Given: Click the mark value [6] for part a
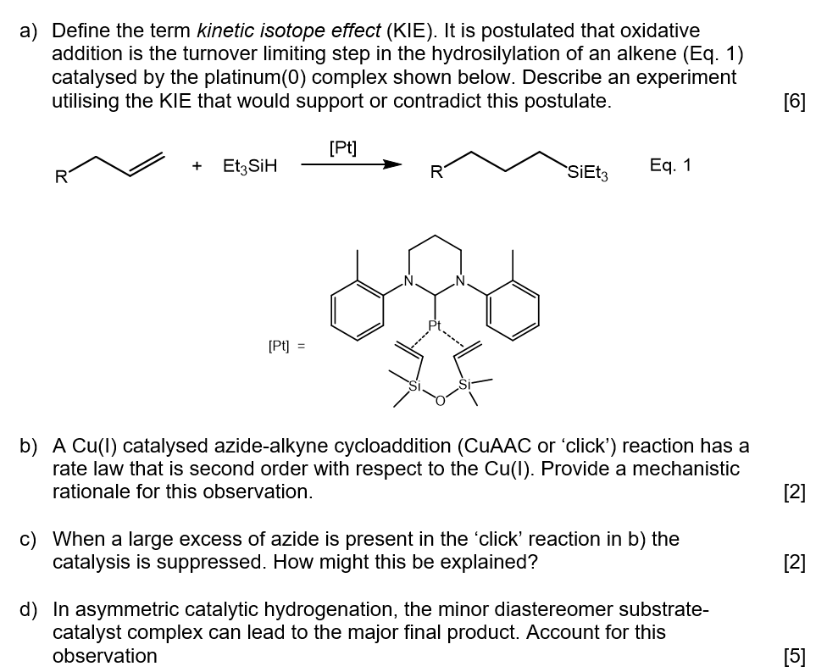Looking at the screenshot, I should pos(796,101).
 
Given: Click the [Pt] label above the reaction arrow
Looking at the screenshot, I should pos(342,147).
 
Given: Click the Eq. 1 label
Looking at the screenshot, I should pos(670,165).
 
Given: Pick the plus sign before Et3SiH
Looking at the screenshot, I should pos(197,167).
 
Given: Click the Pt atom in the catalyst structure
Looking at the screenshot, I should pos(436,325).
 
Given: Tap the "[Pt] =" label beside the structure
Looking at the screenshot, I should pos(286,346).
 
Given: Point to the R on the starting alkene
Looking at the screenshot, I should pos(60,177).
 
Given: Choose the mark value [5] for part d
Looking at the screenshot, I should pos(796,655).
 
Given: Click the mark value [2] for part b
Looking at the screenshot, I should pos(796,492).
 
